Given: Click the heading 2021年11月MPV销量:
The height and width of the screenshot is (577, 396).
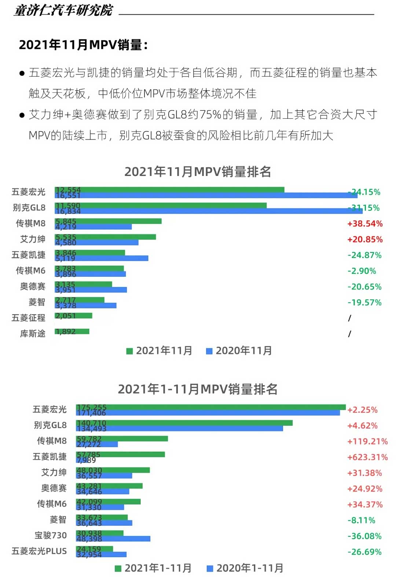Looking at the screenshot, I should point(83,45).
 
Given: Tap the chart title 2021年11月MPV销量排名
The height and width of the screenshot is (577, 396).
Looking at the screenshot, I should point(198,172).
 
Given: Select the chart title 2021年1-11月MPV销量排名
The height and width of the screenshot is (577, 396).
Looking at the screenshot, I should point(198,389).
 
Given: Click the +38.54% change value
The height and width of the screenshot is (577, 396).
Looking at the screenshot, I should point(365,224).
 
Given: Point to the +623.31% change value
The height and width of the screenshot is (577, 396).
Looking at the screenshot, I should point(367,457).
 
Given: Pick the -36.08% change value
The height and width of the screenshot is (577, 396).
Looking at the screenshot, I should point(364,536).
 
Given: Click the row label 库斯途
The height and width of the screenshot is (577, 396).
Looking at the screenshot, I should point(33,334).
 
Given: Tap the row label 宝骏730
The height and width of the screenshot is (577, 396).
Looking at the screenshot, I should point(51,536).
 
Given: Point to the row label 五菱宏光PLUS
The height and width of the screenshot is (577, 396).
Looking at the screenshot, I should point(39,551).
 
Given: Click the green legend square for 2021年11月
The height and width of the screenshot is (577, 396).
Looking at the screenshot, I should point(129,351).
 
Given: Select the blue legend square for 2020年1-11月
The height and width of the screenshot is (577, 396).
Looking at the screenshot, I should point(210,569).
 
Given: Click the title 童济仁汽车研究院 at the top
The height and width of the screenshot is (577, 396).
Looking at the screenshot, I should point(63,10).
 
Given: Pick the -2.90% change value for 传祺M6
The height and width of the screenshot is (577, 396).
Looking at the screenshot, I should point(362,271).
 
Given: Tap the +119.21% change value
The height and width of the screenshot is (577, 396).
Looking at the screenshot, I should point(367,441).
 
